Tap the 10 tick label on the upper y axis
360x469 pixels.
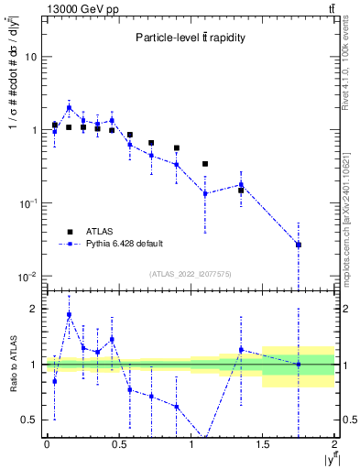click(30, 57)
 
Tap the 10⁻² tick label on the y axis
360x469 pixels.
click(27, 277)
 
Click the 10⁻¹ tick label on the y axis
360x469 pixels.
click(27, 203)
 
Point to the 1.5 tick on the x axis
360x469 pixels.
click(263, 445)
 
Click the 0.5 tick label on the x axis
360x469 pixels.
click(118, 445)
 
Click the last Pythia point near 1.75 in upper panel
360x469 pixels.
click(299, 245)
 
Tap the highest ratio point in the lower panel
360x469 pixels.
click(69, 315)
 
